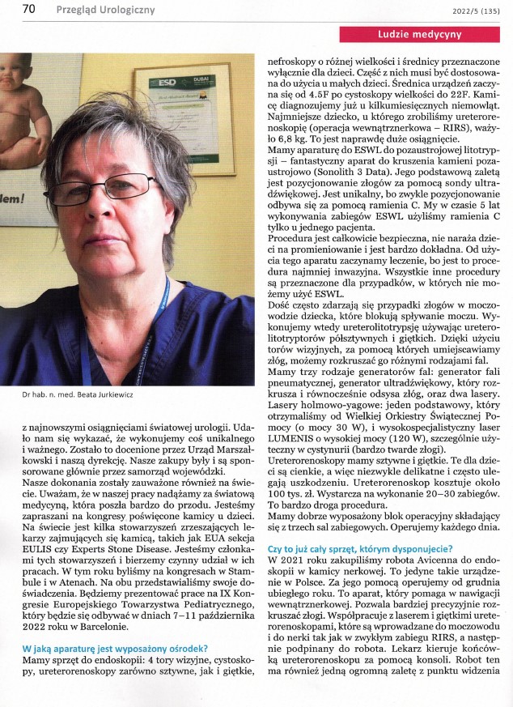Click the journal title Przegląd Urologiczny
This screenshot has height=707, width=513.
point(105,11)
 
